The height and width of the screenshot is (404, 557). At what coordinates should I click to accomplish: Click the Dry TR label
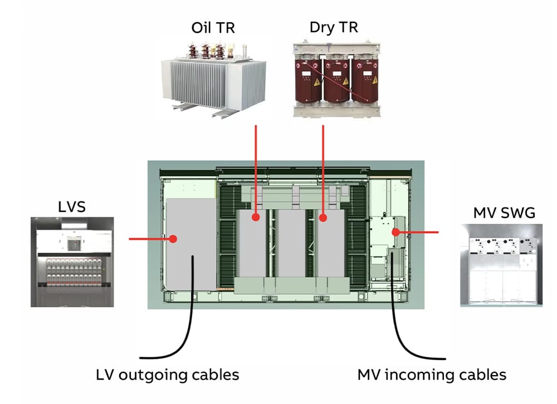tap(333, 27)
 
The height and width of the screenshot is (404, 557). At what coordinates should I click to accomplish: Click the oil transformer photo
tap(213, 78)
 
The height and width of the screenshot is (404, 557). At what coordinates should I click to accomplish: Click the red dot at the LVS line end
tap(173, 239)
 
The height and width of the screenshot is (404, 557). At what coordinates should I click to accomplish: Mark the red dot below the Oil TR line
tap(256, 217)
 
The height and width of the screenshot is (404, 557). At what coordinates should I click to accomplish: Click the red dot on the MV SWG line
tap(395, 232)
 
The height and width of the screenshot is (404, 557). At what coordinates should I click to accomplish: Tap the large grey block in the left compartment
tap(190, 239)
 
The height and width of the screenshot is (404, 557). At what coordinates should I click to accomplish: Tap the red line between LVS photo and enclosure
tap(148, 239)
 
